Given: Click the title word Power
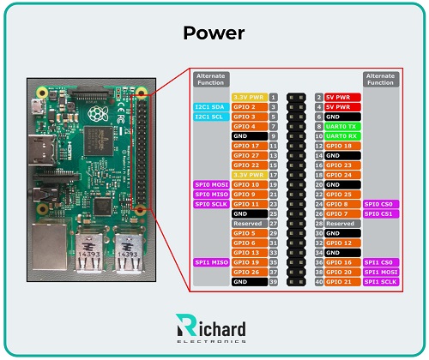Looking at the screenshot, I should (214, 33).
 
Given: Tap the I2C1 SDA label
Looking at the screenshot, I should (210, 107).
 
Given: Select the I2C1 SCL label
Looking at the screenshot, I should (210, 117).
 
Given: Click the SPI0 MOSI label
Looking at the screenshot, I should (210, 184).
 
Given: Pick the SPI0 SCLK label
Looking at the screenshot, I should (210, 204).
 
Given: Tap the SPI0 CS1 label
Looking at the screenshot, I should (380, 213).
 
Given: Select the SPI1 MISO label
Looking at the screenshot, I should (210, 261).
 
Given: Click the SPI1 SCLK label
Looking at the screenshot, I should (380, 281).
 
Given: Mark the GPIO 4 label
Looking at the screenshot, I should (248, 126).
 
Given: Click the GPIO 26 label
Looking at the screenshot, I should (248, 272).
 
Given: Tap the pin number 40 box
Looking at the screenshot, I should (319, 281).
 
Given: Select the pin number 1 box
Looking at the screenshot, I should (273, 98).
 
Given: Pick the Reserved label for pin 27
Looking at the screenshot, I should (248, 223).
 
